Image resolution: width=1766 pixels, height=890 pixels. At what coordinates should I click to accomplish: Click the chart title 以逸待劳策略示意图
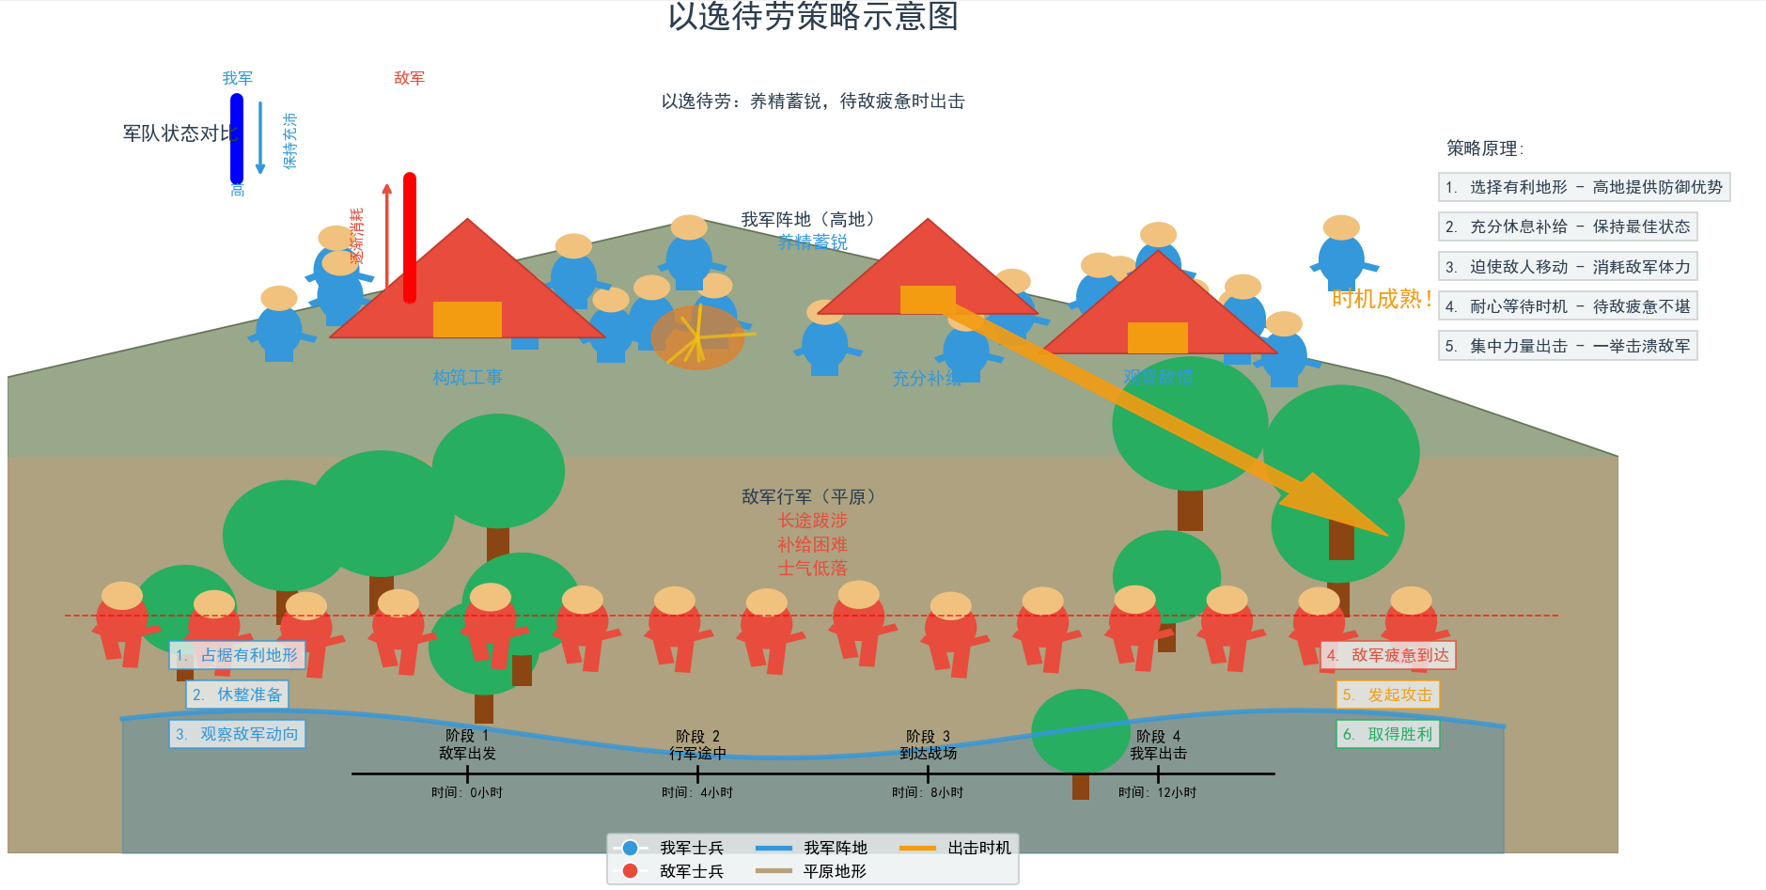813,16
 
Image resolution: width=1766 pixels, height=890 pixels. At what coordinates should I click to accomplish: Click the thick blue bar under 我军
237,139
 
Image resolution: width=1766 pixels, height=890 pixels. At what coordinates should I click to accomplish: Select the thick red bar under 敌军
410,237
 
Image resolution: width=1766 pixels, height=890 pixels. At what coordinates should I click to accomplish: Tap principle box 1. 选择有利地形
1584,187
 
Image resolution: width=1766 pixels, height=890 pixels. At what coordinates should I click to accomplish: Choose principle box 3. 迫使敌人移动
1568,267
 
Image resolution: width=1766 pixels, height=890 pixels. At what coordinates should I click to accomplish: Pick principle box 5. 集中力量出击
1568,346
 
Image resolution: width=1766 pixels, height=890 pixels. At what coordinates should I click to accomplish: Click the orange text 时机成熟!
1382,299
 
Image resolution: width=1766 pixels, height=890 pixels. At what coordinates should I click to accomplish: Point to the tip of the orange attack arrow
1385,534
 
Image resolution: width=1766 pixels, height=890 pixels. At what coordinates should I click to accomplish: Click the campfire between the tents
696,336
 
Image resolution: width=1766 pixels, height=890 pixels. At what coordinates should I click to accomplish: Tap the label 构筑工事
467,377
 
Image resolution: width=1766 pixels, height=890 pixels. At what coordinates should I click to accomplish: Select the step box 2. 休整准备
238,695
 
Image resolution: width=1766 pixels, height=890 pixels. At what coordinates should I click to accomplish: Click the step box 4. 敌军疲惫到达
1388,655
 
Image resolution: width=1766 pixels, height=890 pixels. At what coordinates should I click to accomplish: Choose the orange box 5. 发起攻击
1387,695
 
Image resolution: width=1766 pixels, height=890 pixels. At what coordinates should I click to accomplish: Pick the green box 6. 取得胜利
1387,734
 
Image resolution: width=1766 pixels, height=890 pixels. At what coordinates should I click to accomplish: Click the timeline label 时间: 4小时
697,792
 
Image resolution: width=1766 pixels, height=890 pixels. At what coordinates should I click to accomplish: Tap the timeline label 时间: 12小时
1157,792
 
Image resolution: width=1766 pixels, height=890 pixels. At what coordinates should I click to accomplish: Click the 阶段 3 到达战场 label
928,744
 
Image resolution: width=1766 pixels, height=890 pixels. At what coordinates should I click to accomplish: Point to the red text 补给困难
812,544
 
